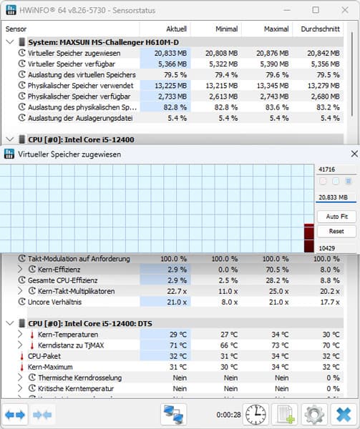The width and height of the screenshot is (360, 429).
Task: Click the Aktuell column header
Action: pos(176,29)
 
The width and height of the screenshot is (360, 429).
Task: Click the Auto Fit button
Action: pos(336,216)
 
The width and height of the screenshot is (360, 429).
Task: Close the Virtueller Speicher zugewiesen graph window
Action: pos(353,154)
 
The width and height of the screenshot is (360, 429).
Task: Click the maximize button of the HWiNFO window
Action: pos(316,10)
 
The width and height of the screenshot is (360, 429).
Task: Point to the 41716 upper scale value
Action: pos(328,169)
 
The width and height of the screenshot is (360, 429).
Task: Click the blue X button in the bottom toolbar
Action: pos(344,415)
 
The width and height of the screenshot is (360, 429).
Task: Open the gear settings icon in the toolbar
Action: pos(313,415)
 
